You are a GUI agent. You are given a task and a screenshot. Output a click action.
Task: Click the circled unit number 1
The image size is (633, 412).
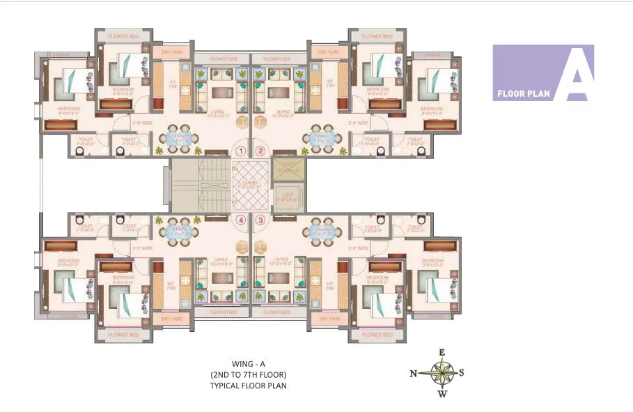coord(242,151)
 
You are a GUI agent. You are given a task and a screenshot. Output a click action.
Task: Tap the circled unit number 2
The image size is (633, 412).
coord(261,151)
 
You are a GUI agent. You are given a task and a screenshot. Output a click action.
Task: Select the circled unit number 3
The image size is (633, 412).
coord(261,220)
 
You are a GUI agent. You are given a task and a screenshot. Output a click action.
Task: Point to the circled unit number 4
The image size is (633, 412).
coord(242,220)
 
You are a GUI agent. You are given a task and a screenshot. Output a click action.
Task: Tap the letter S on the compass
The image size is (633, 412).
coord(462,372)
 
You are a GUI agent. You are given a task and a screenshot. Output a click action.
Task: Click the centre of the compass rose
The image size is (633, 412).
coord(441,372)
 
